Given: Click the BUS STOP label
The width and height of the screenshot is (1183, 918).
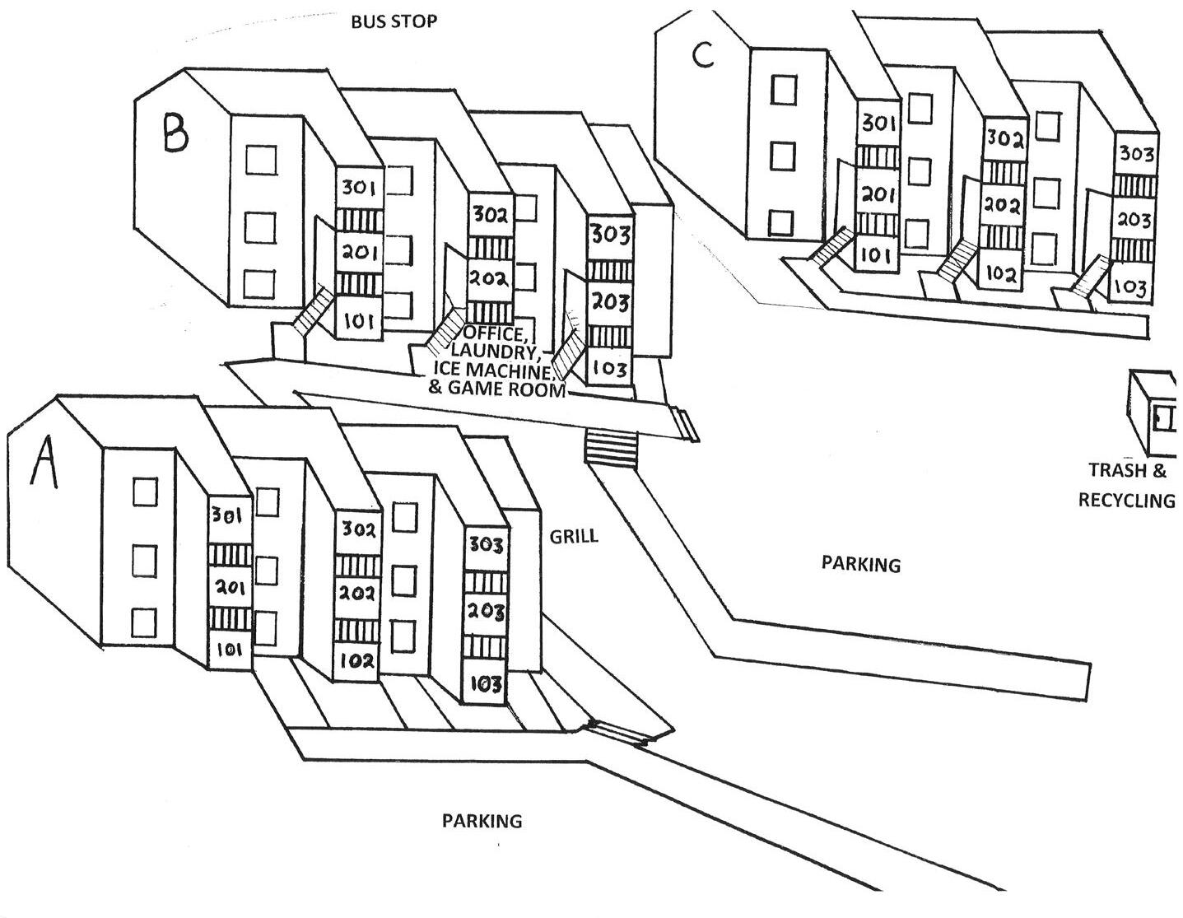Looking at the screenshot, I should coord(394,21).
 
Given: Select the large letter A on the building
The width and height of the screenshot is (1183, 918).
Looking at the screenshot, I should coord(44,463).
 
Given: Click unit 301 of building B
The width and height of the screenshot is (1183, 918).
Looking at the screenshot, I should coord(358,189).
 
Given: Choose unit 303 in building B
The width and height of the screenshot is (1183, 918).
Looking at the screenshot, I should coord(610,235).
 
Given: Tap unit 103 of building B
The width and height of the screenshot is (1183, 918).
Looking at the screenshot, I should coord(610,368).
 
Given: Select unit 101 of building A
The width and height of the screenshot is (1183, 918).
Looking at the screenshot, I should coord(230,650).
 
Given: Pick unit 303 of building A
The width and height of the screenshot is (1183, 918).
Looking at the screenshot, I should coord(486,544).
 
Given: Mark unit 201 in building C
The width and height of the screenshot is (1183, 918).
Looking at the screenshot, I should coord(878,195).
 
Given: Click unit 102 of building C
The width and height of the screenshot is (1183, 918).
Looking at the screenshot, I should coord(1001,273).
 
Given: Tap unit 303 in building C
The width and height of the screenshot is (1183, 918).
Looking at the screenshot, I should coord(1136,154).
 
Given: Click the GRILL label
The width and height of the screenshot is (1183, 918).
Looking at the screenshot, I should coord(574,537).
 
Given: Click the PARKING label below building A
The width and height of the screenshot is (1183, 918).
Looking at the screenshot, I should coord(482,821).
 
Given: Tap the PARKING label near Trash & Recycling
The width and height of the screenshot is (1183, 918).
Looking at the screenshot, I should coord(861,564).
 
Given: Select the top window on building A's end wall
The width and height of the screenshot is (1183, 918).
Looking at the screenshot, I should coord(145,494).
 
